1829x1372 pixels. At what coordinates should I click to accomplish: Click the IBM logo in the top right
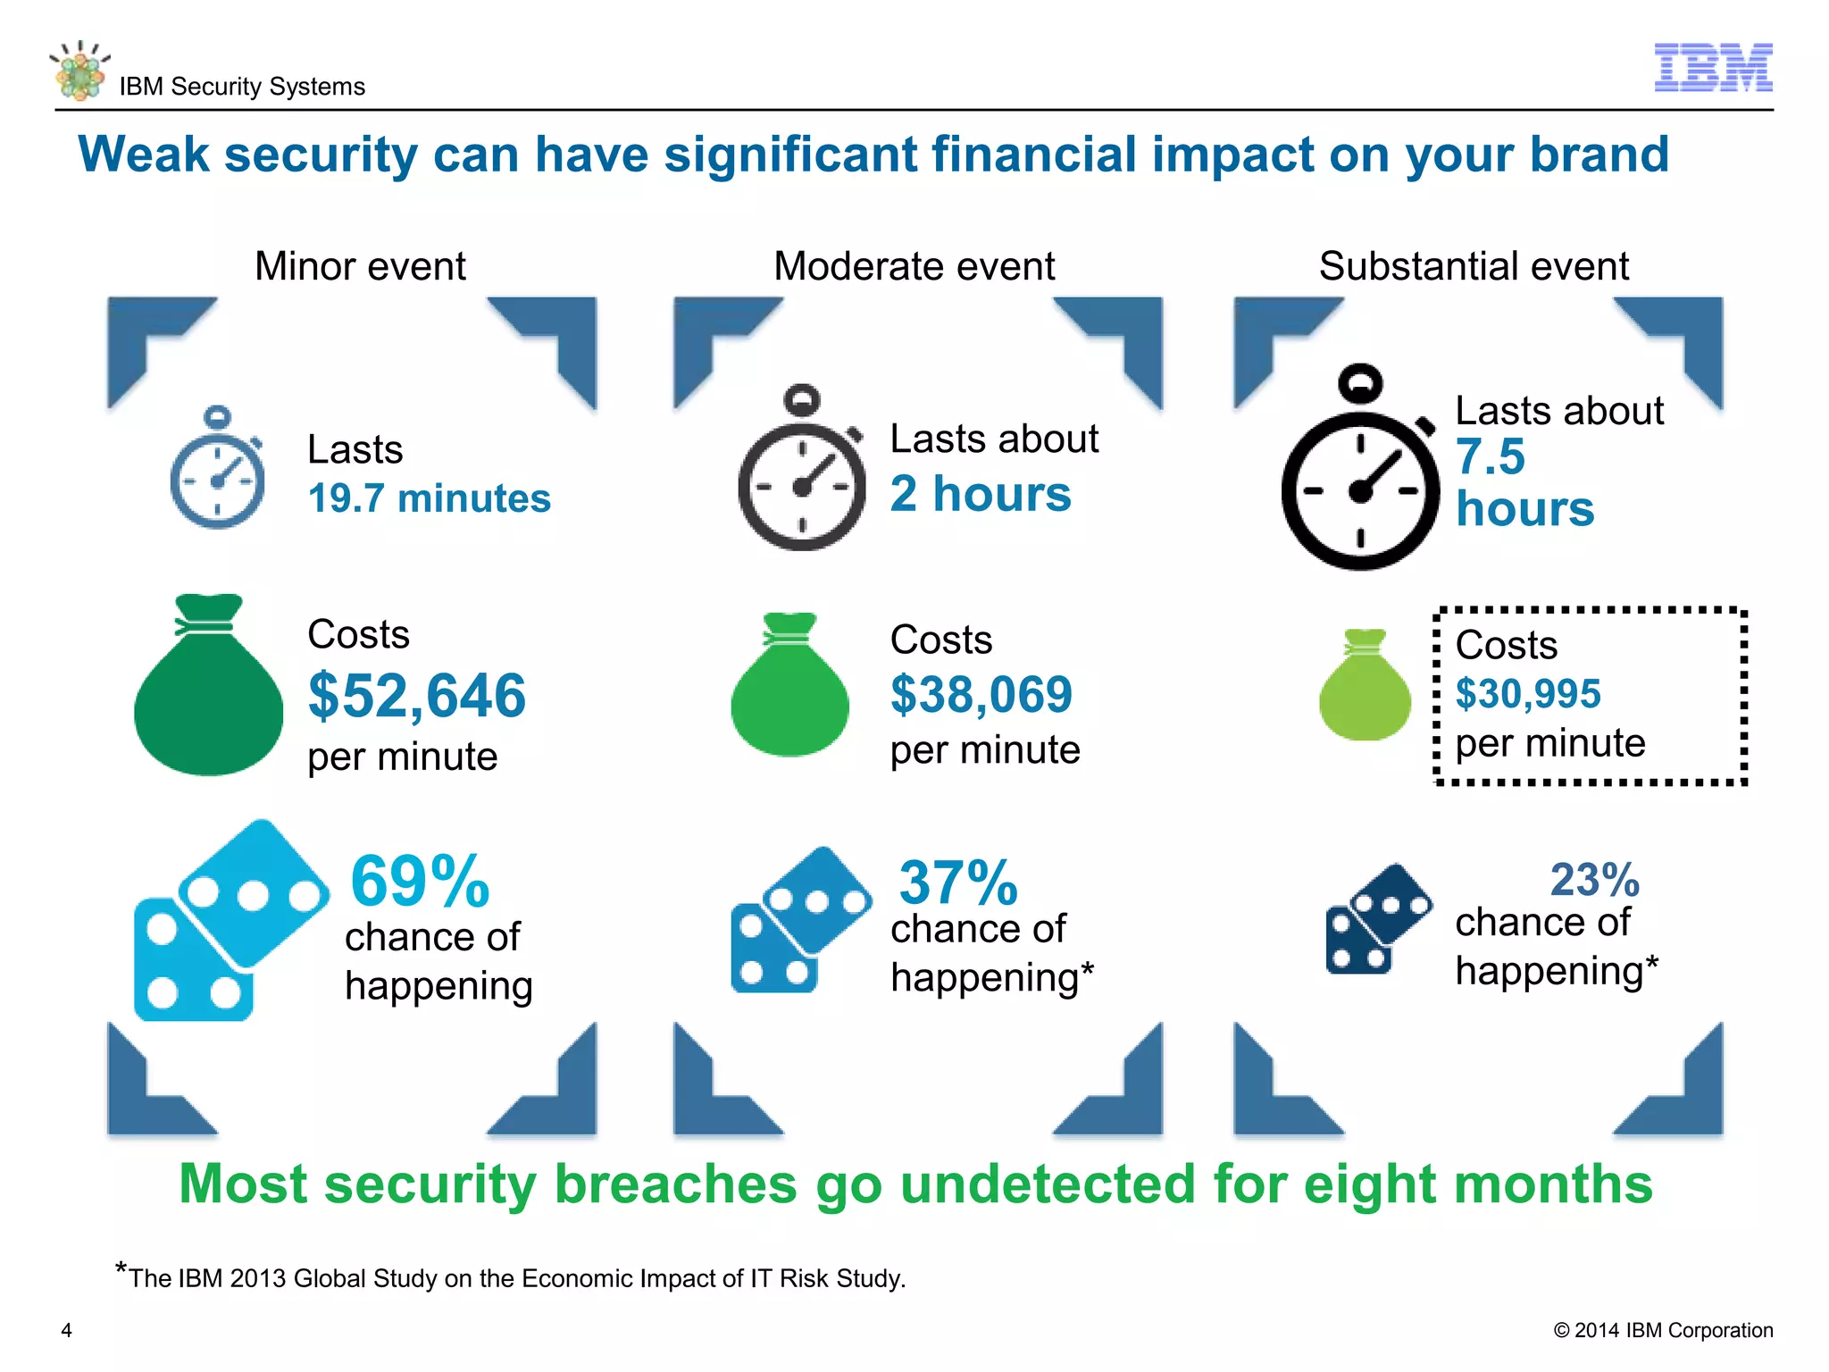tap(1712, 68)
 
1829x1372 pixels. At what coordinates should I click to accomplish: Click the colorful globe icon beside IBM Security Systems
tap(79, 71)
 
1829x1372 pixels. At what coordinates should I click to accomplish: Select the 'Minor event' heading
tap(360, 266)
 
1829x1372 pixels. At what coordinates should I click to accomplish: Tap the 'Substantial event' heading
tap(1474, 266)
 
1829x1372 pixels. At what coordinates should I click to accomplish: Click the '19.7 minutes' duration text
tap(429, 498)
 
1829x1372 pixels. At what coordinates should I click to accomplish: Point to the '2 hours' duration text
tap(981, 494)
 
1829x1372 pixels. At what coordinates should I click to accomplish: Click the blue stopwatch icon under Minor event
tap(217, 471)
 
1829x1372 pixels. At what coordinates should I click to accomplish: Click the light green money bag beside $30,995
tap(1364, 688)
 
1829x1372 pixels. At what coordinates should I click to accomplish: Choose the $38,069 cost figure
tap(981, 694)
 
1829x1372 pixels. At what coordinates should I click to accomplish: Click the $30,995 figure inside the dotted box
tap(1527, 694)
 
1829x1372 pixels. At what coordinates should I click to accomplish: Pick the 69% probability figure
tap(420, 882)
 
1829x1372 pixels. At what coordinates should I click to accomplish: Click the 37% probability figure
tap(957, 883)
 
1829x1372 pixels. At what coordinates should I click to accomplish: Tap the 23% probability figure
tap(1595, 880)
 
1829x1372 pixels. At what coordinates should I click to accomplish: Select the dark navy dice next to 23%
tap(1375, 920)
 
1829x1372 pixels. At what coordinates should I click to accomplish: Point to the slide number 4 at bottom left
tap(66, 1330)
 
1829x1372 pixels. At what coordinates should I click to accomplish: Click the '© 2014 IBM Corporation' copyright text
tap(1662, 1330)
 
